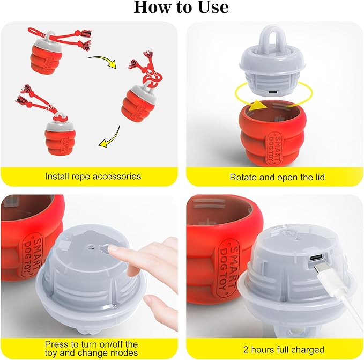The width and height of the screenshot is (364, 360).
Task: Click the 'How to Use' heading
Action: (x=181, y=8)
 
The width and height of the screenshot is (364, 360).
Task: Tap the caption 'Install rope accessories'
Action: (x=93, y=177)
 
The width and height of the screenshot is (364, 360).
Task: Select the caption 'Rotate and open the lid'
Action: (x=277, y=177)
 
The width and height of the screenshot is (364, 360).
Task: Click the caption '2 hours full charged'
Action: (x=284, y=350)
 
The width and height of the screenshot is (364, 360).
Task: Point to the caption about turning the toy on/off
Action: (x=92, y=348)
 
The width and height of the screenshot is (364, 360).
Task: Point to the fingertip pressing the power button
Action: (x=113, y=249)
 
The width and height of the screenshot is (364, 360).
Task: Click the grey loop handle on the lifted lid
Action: (x=272, y=38)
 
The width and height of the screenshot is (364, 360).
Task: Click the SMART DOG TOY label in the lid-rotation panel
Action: (x=274, y=148)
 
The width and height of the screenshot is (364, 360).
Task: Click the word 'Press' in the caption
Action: (x=55, y=344)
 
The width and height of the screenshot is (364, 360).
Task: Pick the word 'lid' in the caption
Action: (x=320, y=177)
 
